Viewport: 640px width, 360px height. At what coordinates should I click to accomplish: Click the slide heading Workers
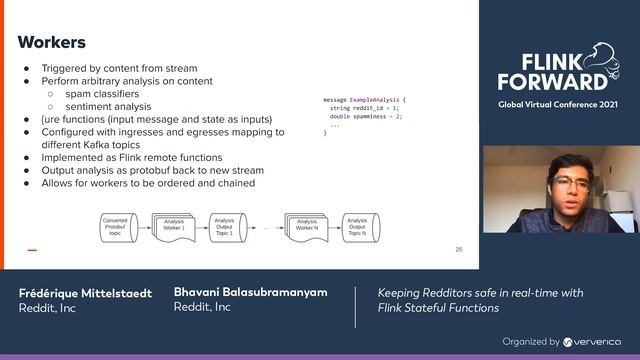click(x=52, y=42)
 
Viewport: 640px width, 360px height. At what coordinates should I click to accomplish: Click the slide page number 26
click(x=459, y=249)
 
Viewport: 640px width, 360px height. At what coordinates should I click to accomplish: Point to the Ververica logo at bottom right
click(x=592, y=341)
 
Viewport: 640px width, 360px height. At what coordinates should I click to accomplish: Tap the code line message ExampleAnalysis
click(x=366, y=100)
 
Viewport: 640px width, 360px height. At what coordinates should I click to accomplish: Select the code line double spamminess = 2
click(x=365, y=117)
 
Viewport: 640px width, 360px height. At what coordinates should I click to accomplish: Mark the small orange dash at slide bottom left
click(x=32, y=250)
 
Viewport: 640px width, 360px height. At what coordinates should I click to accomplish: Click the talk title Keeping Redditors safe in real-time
click(x=480, y=292)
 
